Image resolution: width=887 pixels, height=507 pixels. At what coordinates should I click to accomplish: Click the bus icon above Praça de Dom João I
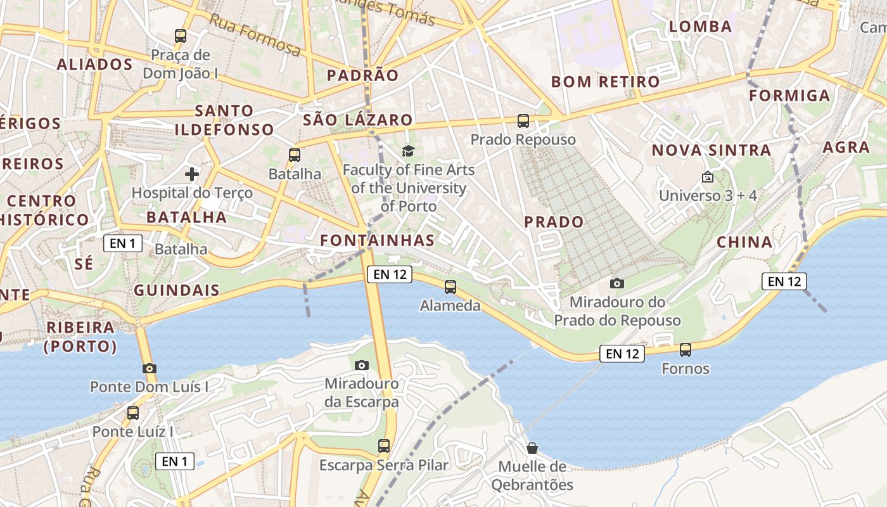[181, 36]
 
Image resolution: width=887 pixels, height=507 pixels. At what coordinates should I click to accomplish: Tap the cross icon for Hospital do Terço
[192, 174]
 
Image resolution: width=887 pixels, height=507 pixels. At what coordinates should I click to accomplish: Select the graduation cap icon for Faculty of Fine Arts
[408, 151]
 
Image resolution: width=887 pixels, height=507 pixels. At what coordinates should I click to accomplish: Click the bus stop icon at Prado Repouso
[523, 120]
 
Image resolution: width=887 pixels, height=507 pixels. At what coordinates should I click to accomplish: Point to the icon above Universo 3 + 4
[708, 177]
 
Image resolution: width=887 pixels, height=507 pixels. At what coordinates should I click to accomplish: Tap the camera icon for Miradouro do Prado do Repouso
[616, 283]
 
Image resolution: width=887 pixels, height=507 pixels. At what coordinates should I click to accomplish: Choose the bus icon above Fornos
[685, 349]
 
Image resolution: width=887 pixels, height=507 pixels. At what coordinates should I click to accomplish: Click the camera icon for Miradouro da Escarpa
[362, 365]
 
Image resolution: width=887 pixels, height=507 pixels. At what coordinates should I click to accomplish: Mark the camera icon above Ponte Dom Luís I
[150, 368]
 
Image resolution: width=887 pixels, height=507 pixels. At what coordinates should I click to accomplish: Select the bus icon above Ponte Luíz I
[132, 413]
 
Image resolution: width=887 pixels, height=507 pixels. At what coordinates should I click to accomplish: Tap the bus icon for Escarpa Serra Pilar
[383, 446]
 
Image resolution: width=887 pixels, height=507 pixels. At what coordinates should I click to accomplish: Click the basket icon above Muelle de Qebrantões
[532, 448]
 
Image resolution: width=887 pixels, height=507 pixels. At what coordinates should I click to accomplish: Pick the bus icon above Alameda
[450, 287]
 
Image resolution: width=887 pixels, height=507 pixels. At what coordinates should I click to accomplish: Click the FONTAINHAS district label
[378, 240]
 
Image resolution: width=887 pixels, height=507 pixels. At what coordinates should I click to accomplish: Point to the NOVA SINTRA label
[712, 150]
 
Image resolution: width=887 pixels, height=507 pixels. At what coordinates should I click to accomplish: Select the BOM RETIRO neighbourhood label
[605, 82]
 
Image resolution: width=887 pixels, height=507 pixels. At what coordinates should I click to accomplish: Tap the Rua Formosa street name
[255, 35]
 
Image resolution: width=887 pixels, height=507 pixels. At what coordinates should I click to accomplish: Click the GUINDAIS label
[177, 291]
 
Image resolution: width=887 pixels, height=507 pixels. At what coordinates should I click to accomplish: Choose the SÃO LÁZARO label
[358, 120]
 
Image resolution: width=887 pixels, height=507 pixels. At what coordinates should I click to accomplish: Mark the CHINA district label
[744, 242]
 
